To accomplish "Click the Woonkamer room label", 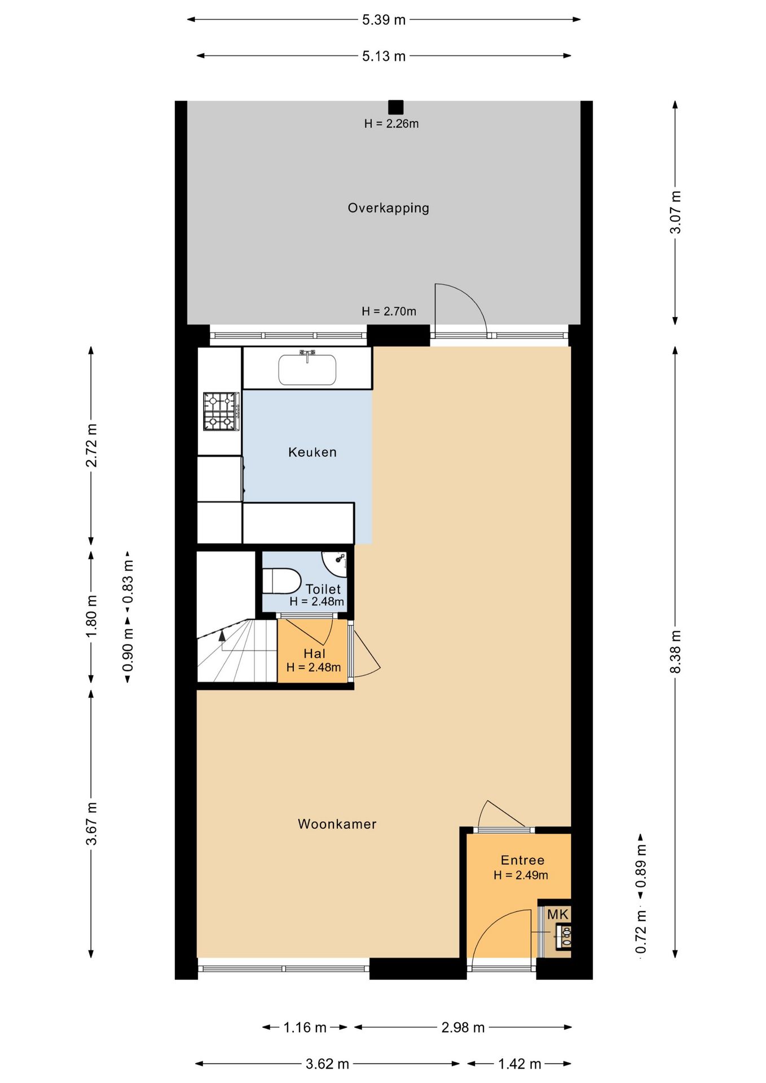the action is coord(337,824).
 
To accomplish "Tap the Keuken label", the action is coord(312,452).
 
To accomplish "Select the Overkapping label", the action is coord(388,208).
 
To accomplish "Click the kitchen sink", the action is coord(307,369).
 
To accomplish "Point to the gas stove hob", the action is coord(221,411).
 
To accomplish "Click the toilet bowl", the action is coord(281,581).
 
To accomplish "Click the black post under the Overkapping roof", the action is coord(395,107).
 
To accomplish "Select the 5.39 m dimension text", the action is coord(384,20).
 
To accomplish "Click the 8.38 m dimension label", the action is coord(675,651).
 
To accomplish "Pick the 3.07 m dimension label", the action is coord(675,212).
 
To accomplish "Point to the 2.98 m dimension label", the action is coord(463,1027).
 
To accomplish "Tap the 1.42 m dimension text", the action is coord(520,1064).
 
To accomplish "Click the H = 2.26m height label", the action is coord(391,124).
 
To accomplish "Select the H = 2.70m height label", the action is coord(389,311).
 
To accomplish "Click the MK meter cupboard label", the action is coord(558,914).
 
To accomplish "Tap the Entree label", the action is coord(522,860).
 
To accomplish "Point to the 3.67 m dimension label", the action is coord(91,824).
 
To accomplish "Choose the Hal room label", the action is coord(314,654).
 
